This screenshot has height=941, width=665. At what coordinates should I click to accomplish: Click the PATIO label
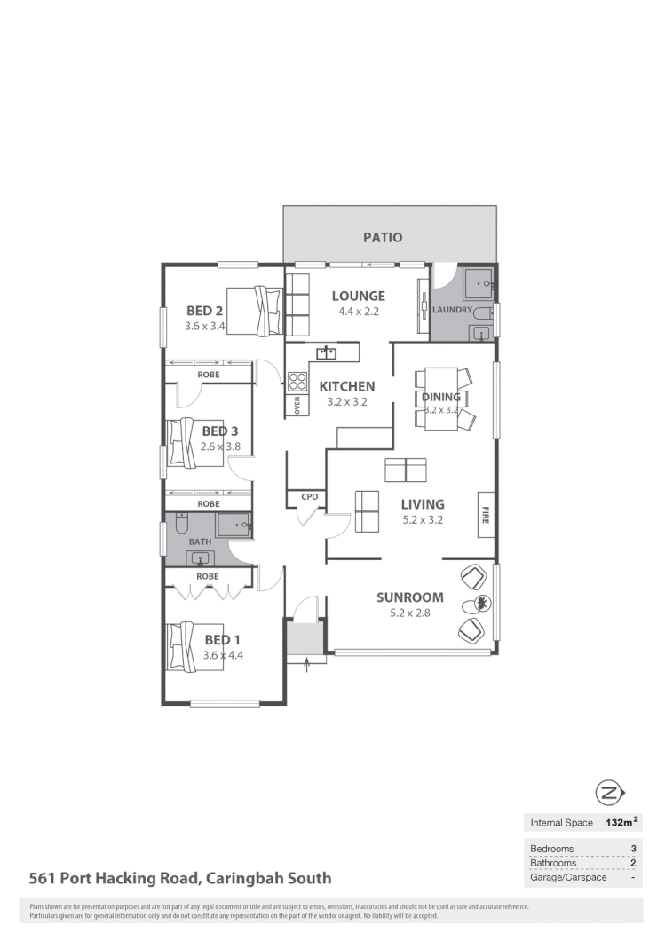point(383,237)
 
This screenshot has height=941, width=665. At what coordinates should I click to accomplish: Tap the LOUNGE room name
point(358,296)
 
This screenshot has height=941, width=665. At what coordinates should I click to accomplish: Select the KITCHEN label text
point(346,386)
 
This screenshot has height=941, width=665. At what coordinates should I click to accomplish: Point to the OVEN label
point(297,405)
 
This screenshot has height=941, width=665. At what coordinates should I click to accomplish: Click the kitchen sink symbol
point(327,353)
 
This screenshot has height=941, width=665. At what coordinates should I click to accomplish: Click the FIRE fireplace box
point(486,514)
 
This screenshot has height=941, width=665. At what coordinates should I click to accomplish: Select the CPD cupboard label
point(309,497)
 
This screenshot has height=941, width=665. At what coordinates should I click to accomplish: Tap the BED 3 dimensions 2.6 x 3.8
point(220,447)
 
